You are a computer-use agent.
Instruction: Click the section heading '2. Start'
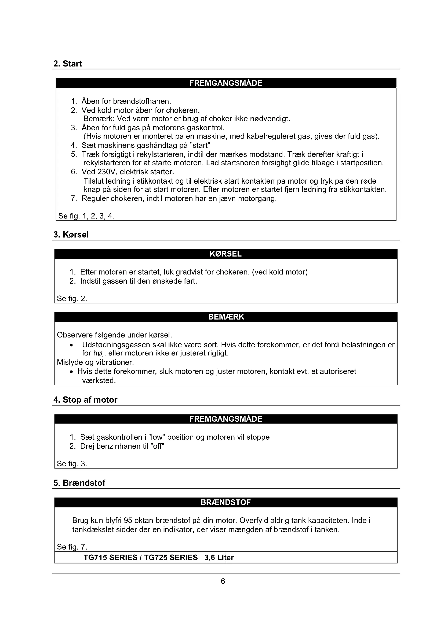68,64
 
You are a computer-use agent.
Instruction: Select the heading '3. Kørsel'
71,235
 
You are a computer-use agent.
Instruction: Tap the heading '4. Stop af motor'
85,400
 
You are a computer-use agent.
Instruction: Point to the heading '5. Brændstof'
79,483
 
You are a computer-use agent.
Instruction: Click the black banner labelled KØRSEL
225,254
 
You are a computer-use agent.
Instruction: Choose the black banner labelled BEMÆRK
226,317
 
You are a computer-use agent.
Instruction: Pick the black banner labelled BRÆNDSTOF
225,502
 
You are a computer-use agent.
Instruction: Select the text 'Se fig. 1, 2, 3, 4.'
86,216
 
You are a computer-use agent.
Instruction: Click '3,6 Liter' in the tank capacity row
219,557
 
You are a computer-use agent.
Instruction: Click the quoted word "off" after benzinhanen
157,446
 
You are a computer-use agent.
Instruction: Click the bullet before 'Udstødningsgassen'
71,345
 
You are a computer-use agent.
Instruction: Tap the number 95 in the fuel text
128,521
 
